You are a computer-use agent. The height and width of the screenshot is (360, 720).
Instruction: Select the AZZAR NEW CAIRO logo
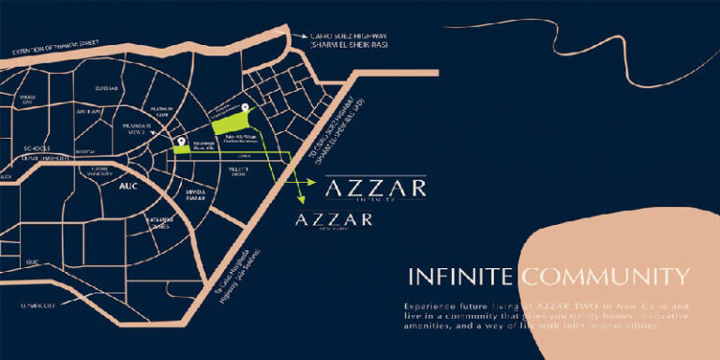[x=334, y=222]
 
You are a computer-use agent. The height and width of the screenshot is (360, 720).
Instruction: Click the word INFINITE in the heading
[x=461, y=277]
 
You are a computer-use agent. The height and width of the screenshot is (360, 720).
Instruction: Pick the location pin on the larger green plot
[x=245, y=109]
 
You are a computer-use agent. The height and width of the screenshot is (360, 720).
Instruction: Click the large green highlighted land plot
[x=231, y=123]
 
